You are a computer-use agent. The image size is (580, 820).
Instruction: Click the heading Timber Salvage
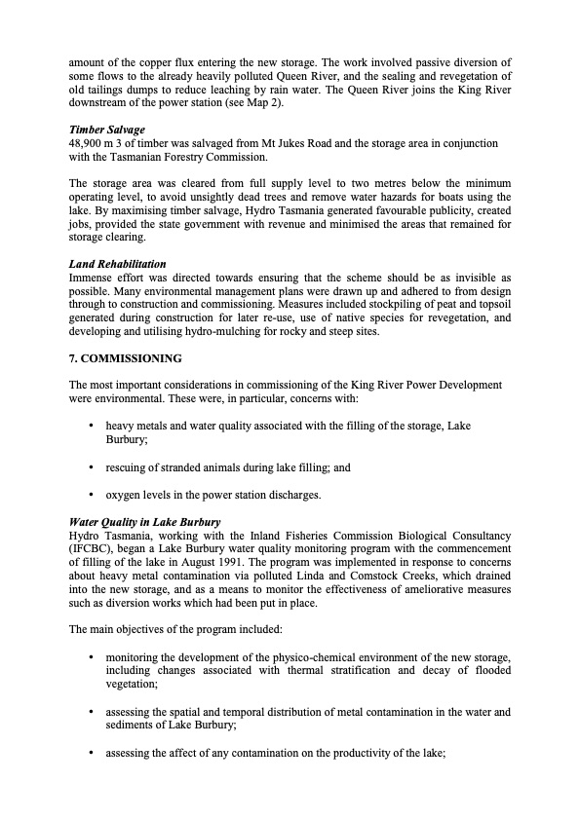[x=106, y=130]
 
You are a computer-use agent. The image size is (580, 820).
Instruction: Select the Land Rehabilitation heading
[x=117, y=264]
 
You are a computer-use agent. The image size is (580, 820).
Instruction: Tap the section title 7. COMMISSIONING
[x=125, y=358]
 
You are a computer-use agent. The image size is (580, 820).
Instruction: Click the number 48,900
[x=87, y=143]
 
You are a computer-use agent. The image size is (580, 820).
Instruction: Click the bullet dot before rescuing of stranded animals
[x=91, y=467]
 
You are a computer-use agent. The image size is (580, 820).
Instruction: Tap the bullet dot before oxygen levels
[x=91, y=495]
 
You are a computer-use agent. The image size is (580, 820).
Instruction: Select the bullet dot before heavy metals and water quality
[x=91, y=426]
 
